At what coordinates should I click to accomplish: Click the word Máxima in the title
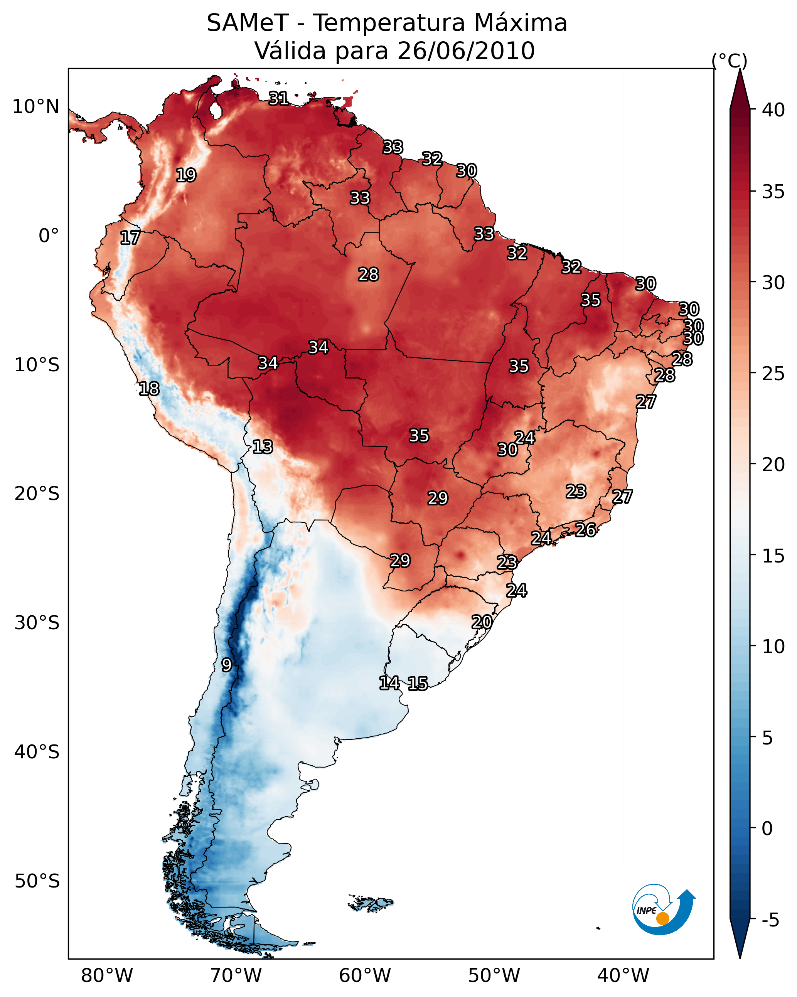(521, 23)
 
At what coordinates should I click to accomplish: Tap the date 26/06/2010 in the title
(466, 51)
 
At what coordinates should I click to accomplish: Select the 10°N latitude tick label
(35, 107)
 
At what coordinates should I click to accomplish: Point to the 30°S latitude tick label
(37, 623)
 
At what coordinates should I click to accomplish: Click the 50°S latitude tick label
(37, 881)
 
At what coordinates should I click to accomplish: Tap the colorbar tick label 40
(773, 110)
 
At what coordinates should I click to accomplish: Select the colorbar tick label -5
(771, 920)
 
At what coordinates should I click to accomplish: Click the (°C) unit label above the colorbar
(730, 61)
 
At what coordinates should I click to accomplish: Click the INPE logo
(663, 909)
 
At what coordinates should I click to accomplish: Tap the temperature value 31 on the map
(279, 98)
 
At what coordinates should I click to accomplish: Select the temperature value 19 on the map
(186, 175)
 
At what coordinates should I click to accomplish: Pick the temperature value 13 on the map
(263, 447)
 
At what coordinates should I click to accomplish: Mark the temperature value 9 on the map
(226, 665)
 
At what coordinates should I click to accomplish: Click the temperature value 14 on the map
(389, 683)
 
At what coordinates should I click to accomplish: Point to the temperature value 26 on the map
(586, 530)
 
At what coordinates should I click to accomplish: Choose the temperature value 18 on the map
(149, 389)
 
